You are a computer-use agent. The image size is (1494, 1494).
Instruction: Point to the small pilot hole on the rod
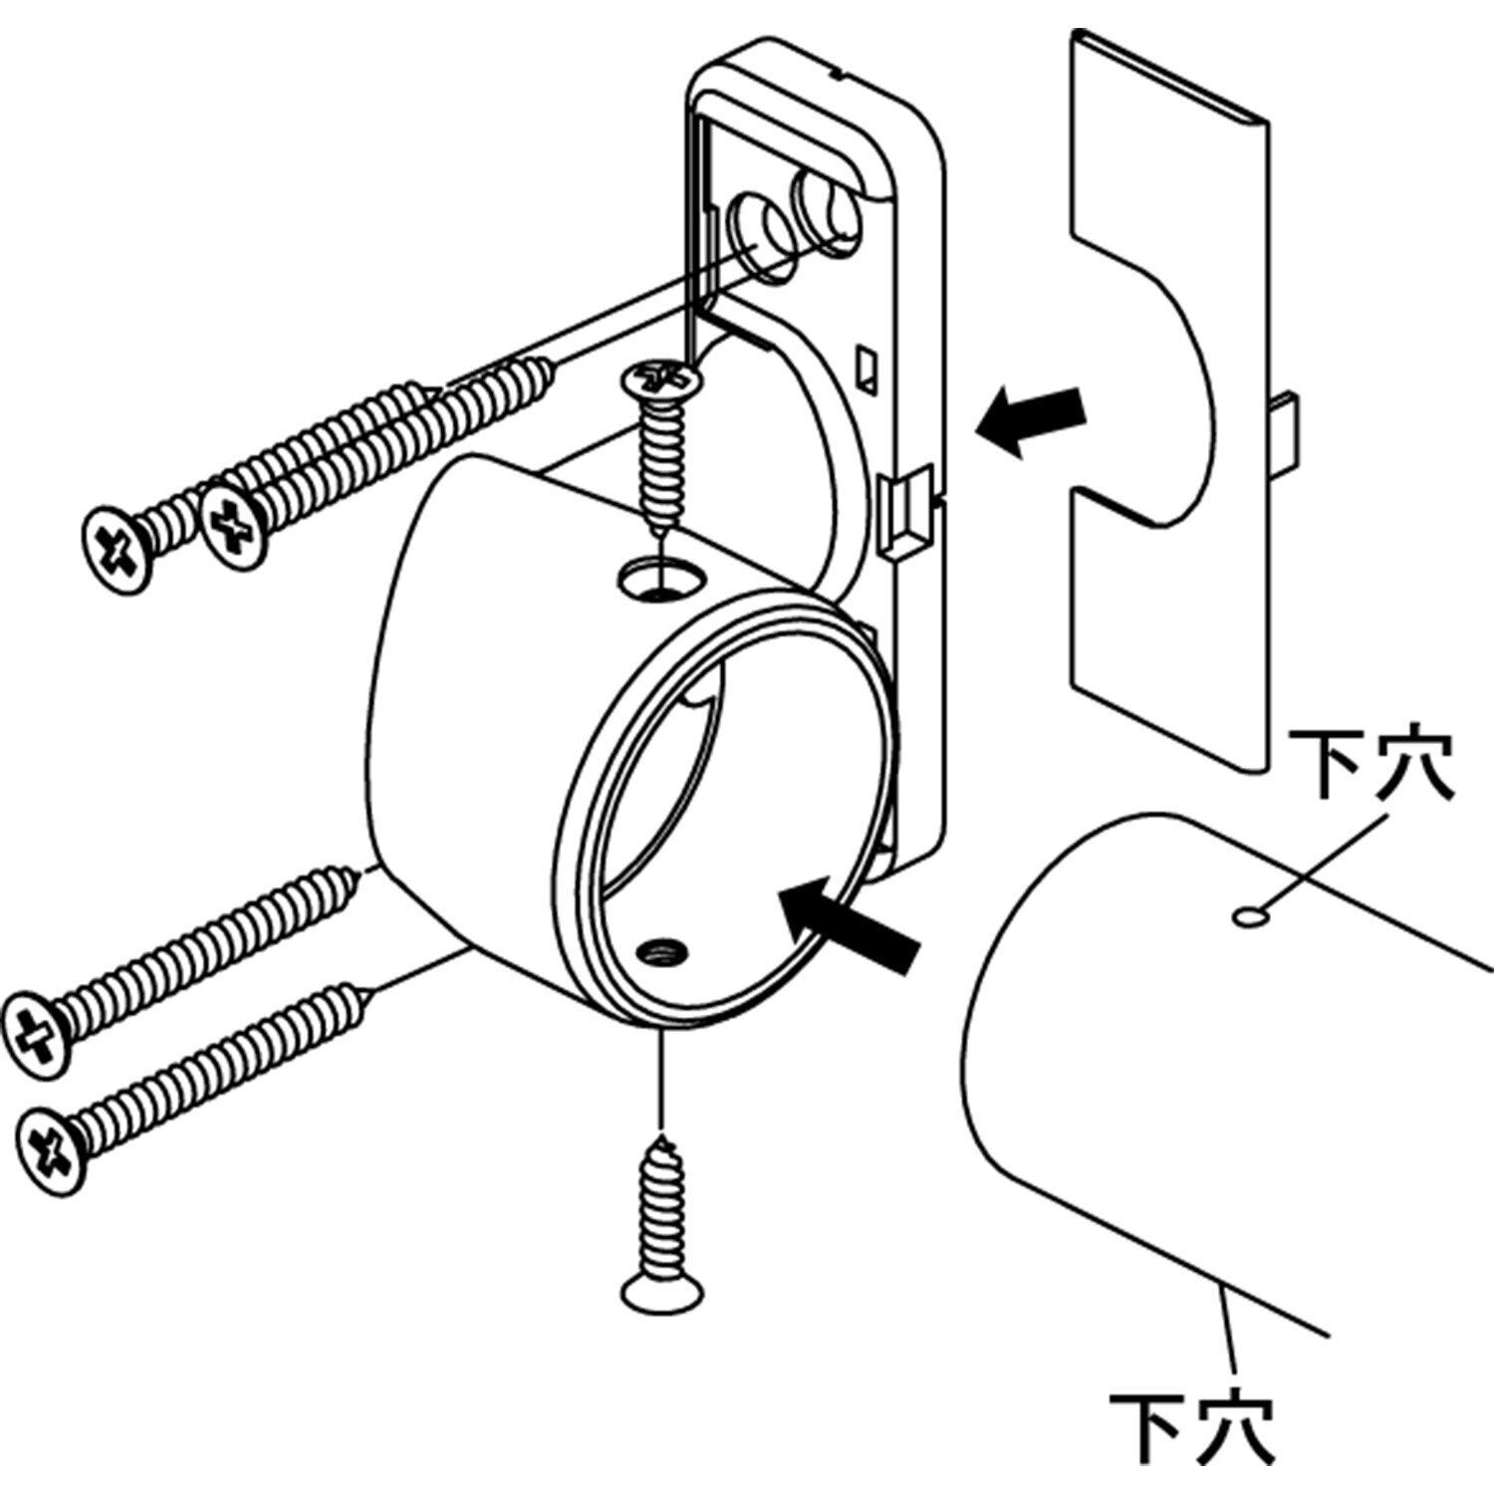pos(1246,916)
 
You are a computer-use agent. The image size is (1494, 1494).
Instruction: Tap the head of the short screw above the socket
pos(658,378)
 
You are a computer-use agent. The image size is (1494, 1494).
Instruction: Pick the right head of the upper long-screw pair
pos(233,524)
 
